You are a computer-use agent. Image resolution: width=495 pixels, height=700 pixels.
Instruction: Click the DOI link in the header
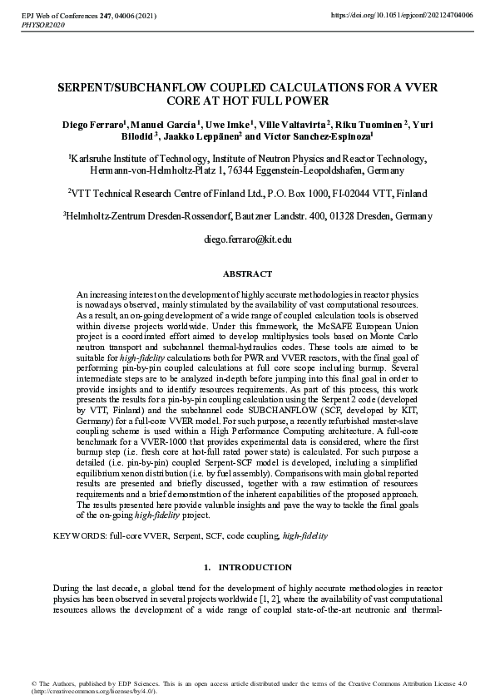click(x=402, y=16)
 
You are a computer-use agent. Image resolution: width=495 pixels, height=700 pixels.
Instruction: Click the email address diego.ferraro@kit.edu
click(x=247, y=239)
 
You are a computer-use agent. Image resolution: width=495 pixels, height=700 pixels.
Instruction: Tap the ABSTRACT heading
click(x=247, y=274)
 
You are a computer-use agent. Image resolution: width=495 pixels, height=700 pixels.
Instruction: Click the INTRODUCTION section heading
click(x=255, y=567)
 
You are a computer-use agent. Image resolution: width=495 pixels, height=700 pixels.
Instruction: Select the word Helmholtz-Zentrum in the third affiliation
click(x=101, y=216)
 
